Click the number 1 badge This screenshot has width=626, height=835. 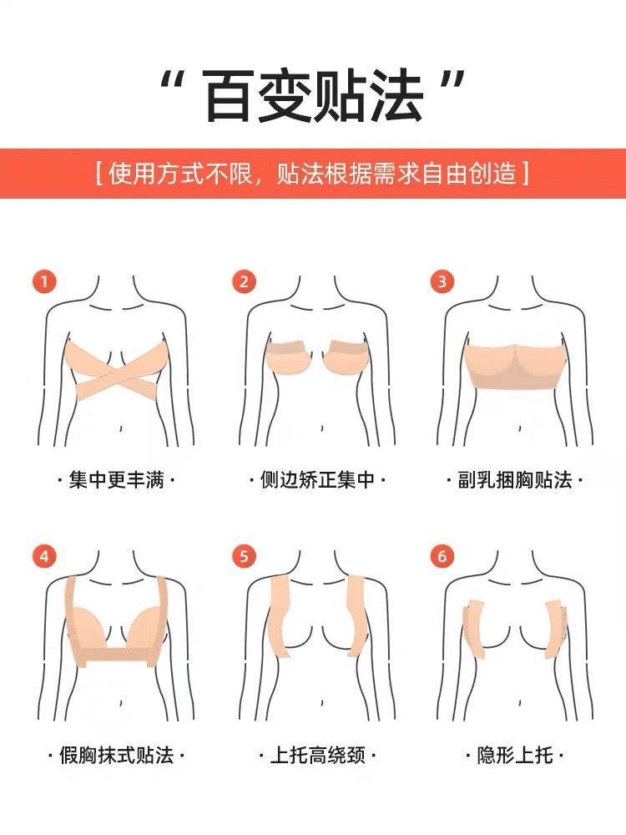44,281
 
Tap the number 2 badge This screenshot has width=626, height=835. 244,281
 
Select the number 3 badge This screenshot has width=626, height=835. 442,281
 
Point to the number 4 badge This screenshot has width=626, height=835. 44,556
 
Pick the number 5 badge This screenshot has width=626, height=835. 244,556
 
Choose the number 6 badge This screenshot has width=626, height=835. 442,556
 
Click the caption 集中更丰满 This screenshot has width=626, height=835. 116,480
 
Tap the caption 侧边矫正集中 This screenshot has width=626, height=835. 317,480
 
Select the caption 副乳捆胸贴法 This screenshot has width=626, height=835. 515,480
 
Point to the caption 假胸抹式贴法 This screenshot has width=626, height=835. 117,755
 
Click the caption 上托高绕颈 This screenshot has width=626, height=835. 318,755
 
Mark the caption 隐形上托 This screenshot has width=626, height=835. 515,755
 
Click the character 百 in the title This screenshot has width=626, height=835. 228,96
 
